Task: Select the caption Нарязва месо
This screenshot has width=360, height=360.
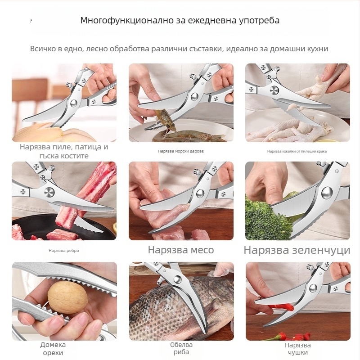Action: click(180, 250)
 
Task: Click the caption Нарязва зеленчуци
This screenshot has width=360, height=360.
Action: click(297, 250)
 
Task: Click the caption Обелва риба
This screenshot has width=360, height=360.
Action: click(181, 349)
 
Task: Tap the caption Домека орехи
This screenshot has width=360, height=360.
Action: click(53, 349)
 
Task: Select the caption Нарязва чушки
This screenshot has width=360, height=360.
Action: click(297, 349)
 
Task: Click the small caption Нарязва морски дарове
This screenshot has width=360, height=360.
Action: click(180, 151)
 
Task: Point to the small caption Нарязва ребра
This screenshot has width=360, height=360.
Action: click(63, 251)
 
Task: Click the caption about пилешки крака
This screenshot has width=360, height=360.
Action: click(297, 151)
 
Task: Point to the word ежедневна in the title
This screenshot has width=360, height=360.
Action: click(202, 21)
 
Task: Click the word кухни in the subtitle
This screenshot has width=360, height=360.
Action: click(317, 49)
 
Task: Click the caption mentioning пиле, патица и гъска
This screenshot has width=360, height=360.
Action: click(63, 151)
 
